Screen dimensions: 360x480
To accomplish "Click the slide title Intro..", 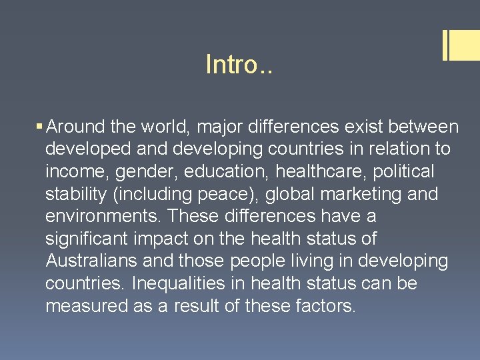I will click(x=239, y=65).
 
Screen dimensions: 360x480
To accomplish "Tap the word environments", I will click(x=103, y=217).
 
